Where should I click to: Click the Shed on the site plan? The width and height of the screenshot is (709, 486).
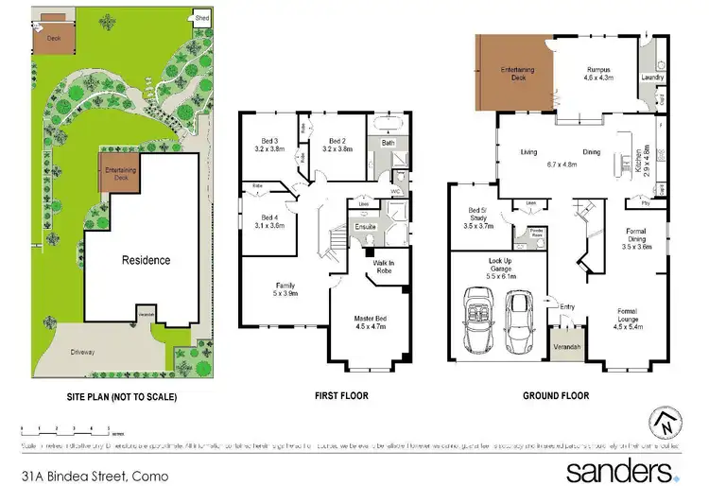[x=201, y=18]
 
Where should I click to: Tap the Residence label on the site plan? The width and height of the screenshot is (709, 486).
[x=146, y=259]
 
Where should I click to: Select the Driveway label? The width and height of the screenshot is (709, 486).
[x=82, y=352]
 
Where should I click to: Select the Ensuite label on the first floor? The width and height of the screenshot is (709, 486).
[x=367, y=227]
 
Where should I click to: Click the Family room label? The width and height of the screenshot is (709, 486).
[x=285, y=289]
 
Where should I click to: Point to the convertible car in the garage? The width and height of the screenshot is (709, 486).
[x=478, y=320]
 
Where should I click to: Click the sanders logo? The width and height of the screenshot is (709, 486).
[x=619, y=469]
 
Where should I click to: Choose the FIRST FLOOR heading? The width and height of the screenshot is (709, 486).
[x=341, y=396]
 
